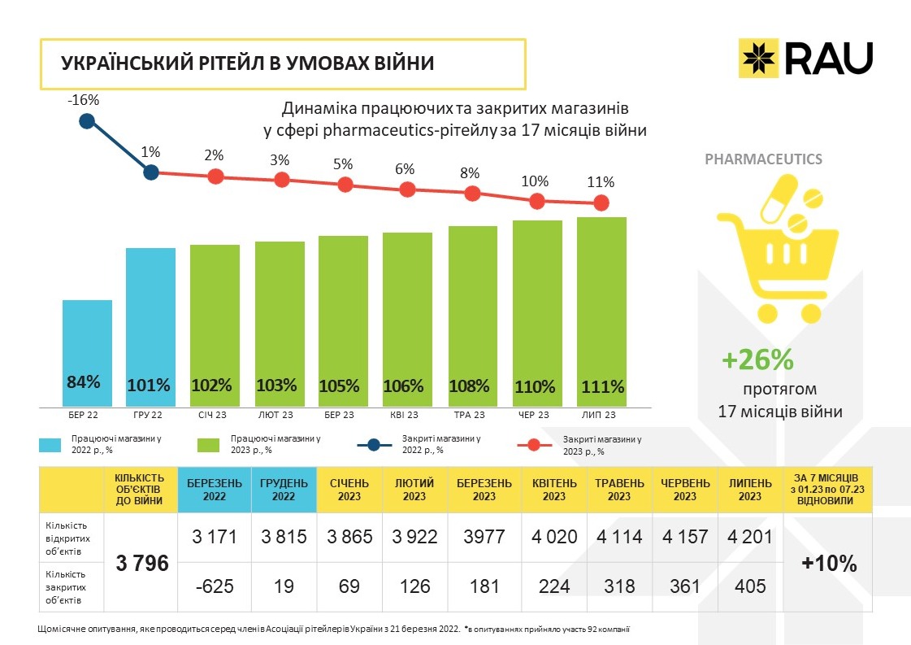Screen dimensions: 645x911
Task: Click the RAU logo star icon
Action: pyautogui.click(x=758, y=58)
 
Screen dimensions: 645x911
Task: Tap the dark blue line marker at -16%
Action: pyautogui.click(x=87, y=122)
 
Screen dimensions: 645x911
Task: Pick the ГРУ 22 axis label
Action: pyautogui.click(x=151, y=415)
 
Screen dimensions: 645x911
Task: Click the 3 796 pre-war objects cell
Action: pyautogui.click(x=142, y=562)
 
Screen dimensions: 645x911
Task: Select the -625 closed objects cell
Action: pyautogui.click(x=215, y=586)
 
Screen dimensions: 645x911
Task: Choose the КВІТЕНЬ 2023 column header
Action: pyautogui.click(x=554, y=490)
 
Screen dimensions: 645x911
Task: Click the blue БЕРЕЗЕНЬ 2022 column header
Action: pyautogui.click(x=215, y=490)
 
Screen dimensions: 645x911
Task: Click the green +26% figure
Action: pyautogui.click(x=757, y=360)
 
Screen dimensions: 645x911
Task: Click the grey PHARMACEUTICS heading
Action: pyautogui.click(x=763, y=159)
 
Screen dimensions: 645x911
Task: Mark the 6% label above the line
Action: pyautogui.click(x=405, y=169)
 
